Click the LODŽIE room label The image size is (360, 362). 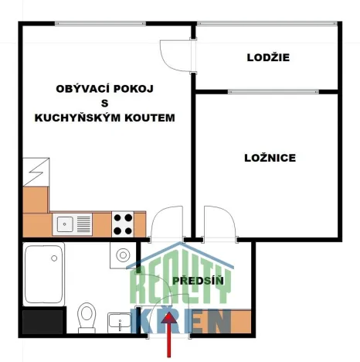pos(268,57)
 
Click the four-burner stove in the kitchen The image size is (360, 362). pos(123,224)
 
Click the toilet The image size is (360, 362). pos(87,317)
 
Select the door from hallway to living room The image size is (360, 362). pos(164,224)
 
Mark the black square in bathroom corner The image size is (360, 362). pos(40,322)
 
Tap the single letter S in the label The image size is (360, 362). pos(104,104)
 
